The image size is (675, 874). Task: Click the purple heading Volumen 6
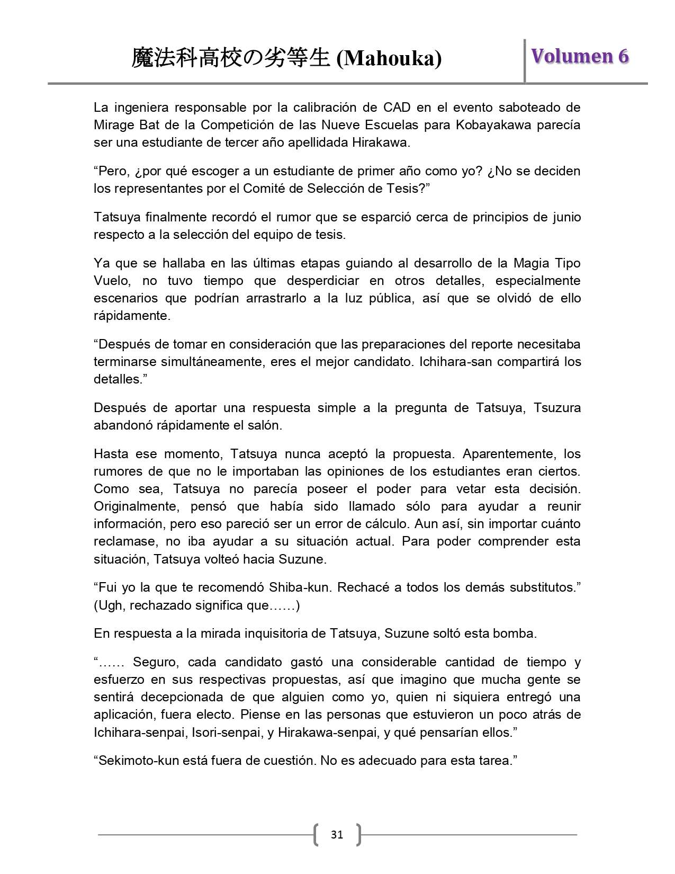click(x=580, y=56)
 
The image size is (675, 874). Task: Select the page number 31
click(x=337, y=835)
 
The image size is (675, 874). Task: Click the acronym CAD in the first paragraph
click(x=396, y=108)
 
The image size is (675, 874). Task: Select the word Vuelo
click(x=111, y=281)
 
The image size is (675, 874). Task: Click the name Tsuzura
click(x=557, y=408)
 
